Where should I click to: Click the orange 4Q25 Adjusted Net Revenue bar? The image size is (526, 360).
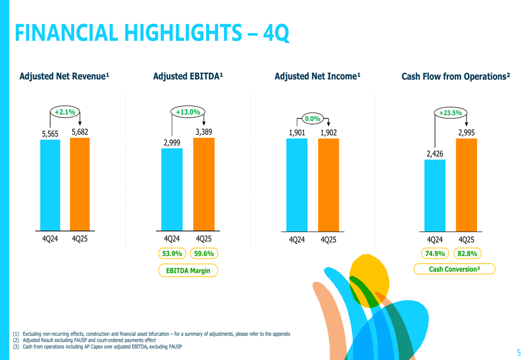[80, 184]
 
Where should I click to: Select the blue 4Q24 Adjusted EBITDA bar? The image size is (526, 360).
[172, 189]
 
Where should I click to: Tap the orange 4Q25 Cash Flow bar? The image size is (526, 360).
[466, 184]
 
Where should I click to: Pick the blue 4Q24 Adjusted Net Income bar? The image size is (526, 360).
[297, 184]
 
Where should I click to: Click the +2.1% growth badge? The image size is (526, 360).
[65, 112]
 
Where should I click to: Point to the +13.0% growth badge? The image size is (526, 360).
[188, 112]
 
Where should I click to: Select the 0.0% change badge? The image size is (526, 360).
[312, 119]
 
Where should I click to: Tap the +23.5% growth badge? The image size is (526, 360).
[450, 112]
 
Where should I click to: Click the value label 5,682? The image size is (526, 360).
[80, 132]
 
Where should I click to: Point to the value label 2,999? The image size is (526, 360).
[172, 142]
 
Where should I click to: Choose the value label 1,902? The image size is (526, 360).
[328, 132]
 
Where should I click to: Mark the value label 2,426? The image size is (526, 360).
[435, 153]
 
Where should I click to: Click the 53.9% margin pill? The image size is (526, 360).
[172, 254]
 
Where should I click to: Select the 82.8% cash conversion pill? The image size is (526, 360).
[467, 254]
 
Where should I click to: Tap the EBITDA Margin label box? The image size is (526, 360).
[188, 271]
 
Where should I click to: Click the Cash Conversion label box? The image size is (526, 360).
[454, 269]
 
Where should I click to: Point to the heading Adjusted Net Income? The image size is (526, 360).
[317, 77]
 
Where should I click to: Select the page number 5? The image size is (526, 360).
[519, 353]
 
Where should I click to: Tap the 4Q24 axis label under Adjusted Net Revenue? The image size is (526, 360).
[50, 239]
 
